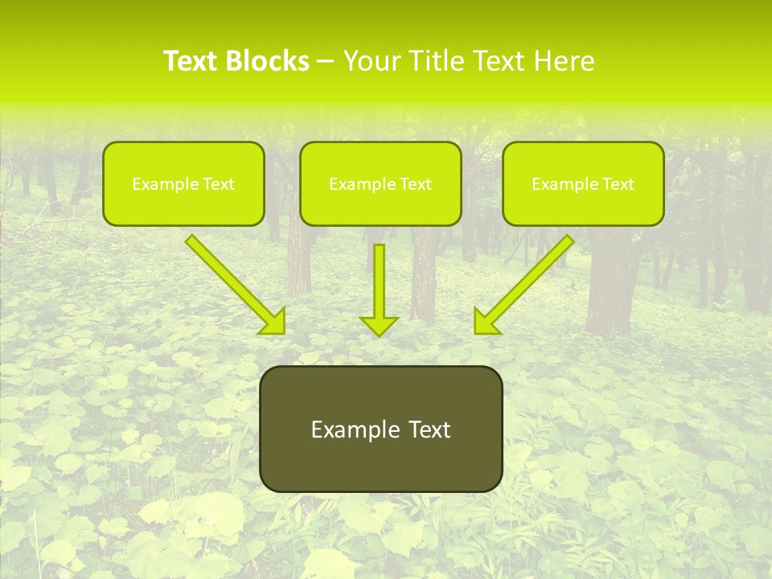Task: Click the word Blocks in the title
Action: (268, 61)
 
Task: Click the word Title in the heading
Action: (434, 61)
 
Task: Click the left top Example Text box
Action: (183, 183)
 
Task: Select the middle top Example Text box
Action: (380, 183)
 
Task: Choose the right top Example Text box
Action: (583, 183)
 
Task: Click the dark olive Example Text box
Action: (380, 429)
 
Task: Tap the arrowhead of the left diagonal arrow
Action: (273, 322)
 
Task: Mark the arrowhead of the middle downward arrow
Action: (379, 325)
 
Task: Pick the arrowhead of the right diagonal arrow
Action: (486, 322)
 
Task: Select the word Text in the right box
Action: (618, 184)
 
